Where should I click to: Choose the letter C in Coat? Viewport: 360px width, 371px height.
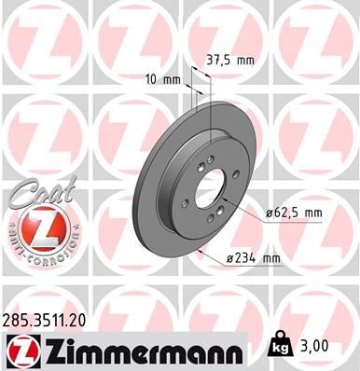click(x=15, y=196)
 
